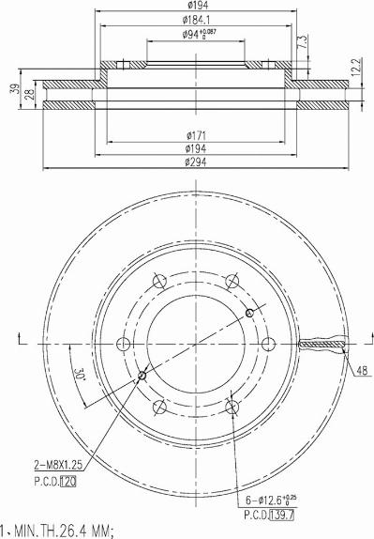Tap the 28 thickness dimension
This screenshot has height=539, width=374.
point(30,95)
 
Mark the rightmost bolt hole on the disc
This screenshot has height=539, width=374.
point(267,343)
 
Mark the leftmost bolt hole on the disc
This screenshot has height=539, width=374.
point(121,343)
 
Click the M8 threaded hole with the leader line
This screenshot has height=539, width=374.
point(142,377)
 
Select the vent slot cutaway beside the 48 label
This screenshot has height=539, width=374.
point(322,344)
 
